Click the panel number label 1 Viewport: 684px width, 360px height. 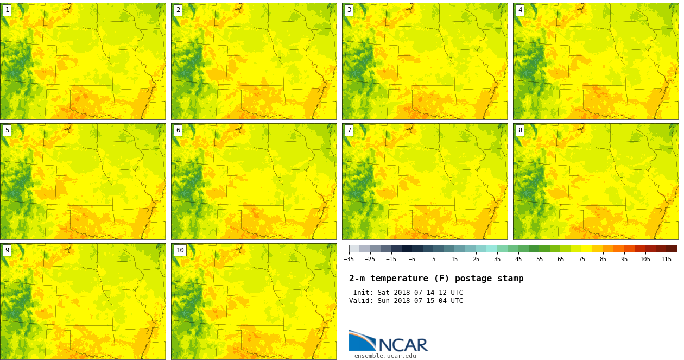7,10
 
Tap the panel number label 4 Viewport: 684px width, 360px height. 520,10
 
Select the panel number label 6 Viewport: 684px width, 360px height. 178,130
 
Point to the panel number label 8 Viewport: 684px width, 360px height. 520,130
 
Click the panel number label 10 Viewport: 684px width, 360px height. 180,250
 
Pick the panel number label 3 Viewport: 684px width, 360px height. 349,10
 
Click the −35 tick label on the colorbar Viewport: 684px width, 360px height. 349,259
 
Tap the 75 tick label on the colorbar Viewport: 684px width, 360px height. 582,259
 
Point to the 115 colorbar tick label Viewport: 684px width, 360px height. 666,259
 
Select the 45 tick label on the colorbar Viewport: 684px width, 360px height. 518,259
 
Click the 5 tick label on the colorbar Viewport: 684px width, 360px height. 434,259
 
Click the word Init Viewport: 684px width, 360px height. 362,293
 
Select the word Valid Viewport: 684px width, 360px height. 360,301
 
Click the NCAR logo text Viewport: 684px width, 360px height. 403,345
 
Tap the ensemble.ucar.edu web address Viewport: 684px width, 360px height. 385,356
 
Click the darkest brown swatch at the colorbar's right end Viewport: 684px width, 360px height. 672,249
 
